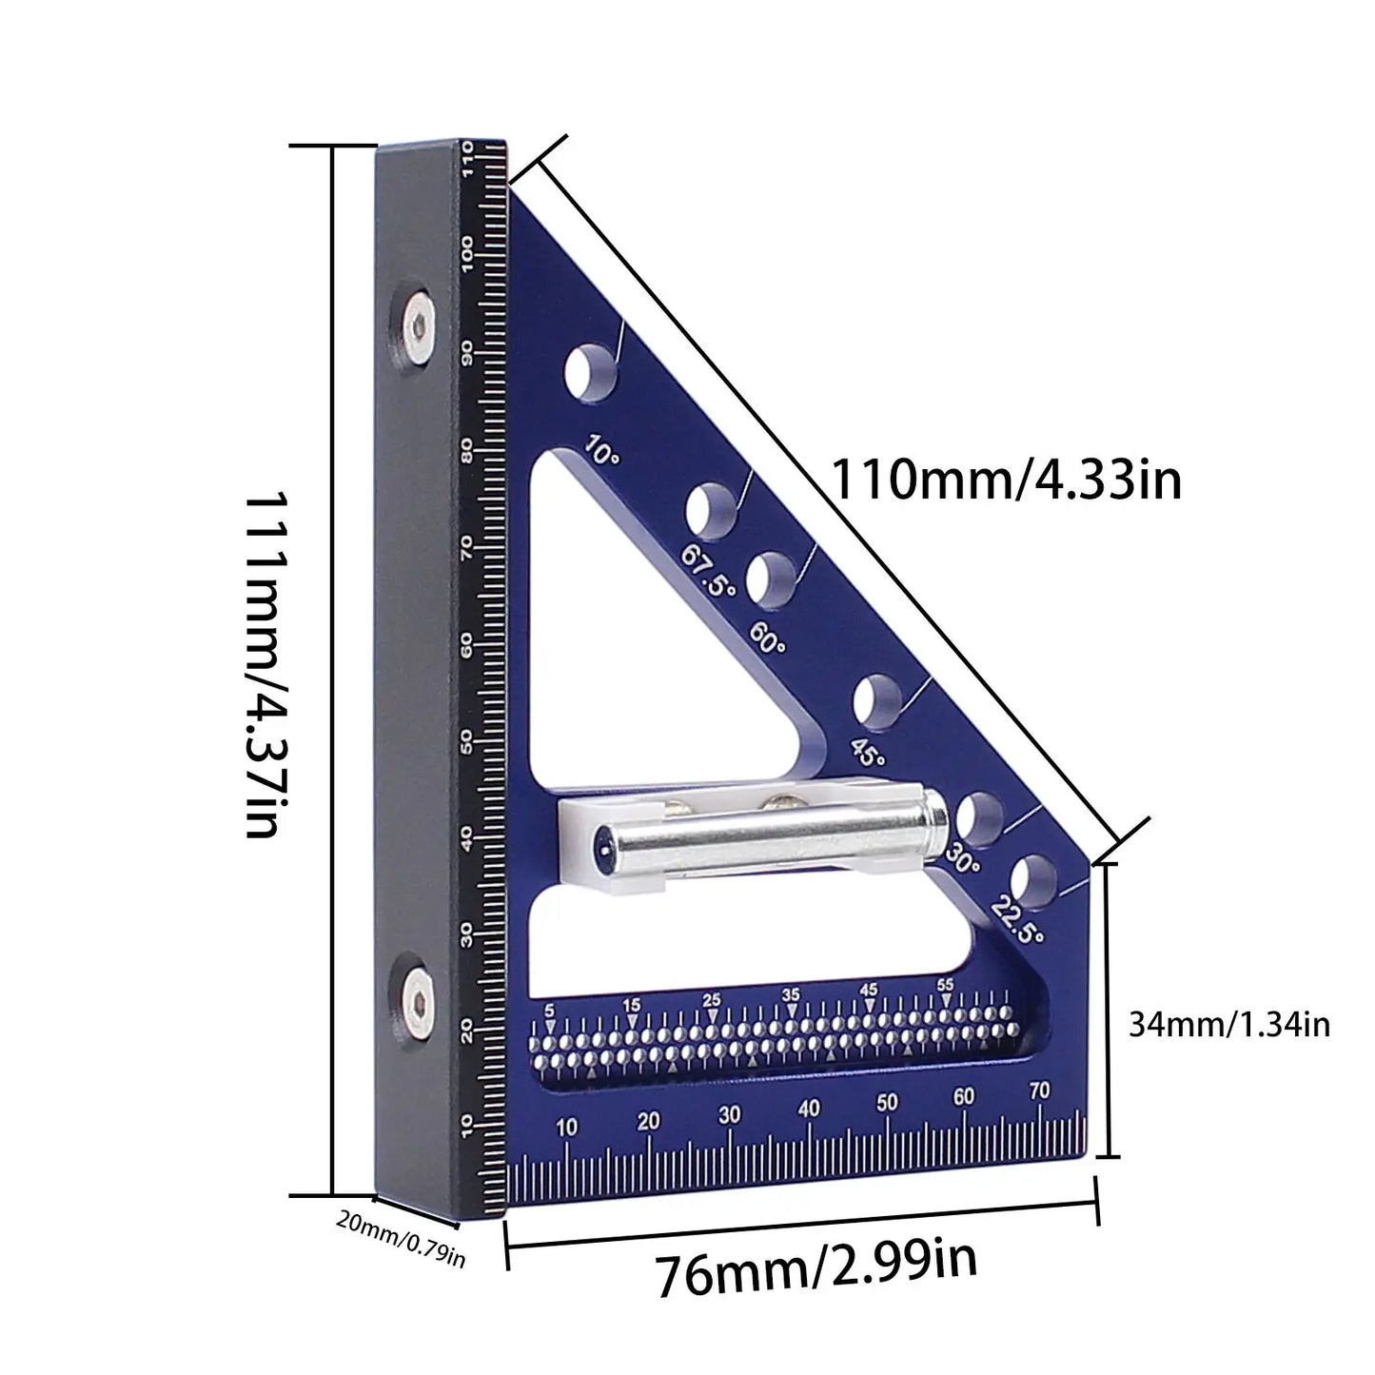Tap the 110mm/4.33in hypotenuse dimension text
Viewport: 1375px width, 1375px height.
1006,479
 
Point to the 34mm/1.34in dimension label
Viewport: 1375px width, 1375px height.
1228,1024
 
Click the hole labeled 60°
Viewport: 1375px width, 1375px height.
770,579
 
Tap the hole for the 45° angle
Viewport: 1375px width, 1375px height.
876,700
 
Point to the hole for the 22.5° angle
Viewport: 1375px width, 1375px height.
1034,880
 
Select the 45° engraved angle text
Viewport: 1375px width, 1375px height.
867,752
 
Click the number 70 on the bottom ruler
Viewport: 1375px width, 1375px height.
1039,1091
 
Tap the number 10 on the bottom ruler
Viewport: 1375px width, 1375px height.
566,1128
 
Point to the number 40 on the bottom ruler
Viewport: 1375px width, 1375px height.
809,1109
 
